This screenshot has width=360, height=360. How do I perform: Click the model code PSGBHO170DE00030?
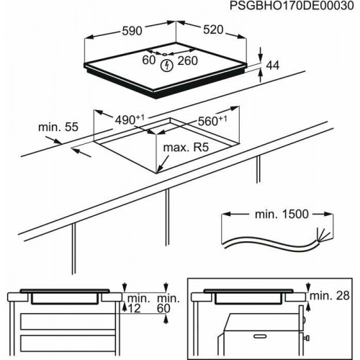click(292, 6)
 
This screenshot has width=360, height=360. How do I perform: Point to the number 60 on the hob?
click(148, 60)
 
